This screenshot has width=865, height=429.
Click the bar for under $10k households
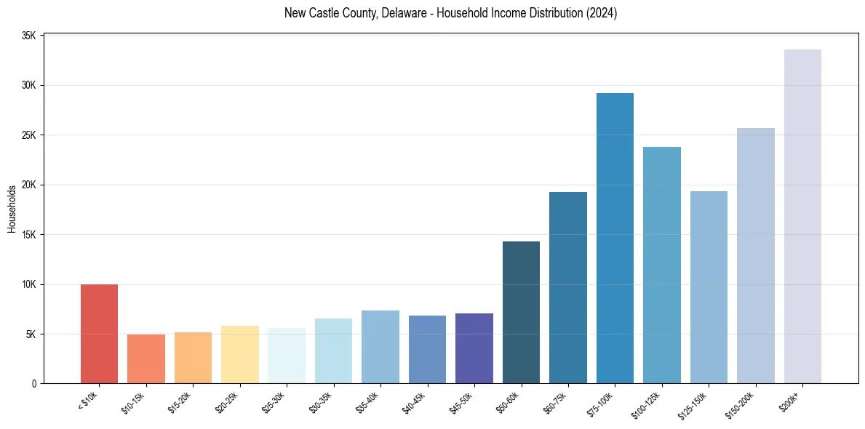pos(99,334)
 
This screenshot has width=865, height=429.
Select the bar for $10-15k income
pos(146,358)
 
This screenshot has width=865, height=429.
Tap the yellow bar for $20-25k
pos(240,354)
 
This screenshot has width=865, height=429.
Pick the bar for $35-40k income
pos(380,347)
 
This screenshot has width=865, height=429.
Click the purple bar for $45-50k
pos(474,348)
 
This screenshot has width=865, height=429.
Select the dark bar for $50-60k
pos(521,312)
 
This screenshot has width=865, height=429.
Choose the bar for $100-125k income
pos(662,265)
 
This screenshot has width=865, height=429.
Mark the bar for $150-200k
pos(756,255)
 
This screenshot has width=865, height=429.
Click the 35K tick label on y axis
pos(28,35)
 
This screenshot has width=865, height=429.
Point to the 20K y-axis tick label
pos(28,185)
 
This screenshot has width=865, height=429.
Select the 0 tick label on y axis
pos(35,384)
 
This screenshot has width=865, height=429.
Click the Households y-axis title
pos(12,209)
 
